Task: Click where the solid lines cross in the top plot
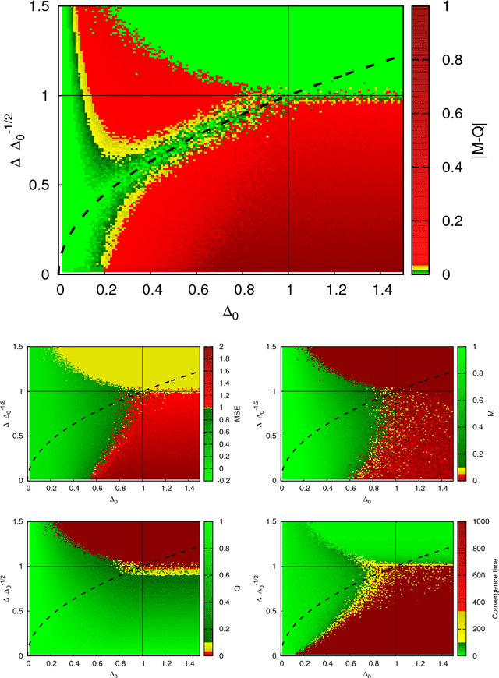pos(288,96)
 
